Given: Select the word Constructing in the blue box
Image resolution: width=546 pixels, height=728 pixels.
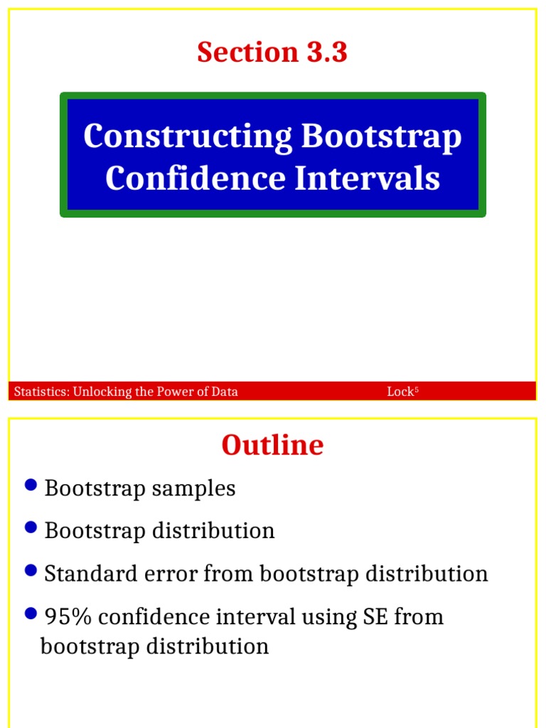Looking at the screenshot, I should click(188, 136).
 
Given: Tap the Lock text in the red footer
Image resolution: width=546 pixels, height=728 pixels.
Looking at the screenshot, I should click(400, 392).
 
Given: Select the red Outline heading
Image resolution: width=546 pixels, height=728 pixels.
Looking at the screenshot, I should click(272, 446).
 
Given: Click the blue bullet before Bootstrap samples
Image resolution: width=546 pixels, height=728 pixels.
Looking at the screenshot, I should click(30, 485).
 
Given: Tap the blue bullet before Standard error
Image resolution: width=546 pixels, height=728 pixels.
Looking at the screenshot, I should click(30, 570).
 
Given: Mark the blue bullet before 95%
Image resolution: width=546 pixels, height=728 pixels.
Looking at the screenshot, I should click(30, 613).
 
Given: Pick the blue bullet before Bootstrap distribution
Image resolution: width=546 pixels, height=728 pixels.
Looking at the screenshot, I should click(30, 528).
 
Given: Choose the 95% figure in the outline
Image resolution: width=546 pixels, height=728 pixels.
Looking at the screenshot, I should click(68, 617).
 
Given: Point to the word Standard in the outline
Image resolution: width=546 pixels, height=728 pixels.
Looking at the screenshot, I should click(87, 574).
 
